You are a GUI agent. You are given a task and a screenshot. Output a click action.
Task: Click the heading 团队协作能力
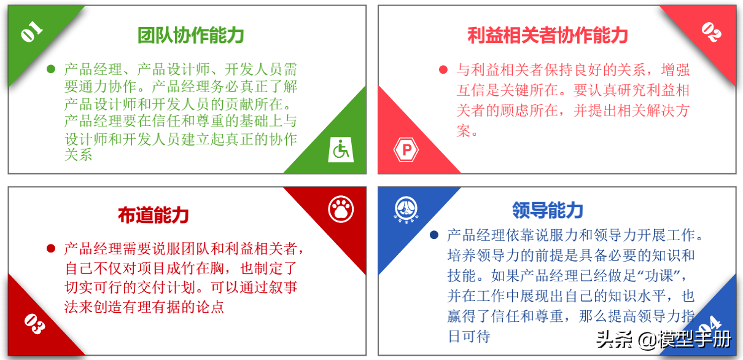click(x=191, y=36)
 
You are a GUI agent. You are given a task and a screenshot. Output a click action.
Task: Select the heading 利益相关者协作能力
click(x=548, y=36)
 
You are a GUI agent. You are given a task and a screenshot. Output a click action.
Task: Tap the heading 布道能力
click(x=154, y=215)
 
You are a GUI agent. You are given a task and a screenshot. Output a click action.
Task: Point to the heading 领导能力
click(x=548, y=210)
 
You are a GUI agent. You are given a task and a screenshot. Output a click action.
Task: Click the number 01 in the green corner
click(x=31, y=31)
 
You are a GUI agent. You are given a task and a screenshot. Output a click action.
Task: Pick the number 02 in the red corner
click(x=711, y=32)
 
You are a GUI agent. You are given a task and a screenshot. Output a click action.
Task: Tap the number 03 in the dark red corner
click(x=34, y=324)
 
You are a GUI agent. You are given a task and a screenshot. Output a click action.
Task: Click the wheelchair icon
click(x=341, y=150)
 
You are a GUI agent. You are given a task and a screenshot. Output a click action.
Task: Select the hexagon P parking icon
click(x=407, y=150)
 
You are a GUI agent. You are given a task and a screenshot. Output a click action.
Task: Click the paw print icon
click(x=341, y=209)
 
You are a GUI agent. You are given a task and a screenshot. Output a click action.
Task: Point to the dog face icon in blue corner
click(x=406, y=209)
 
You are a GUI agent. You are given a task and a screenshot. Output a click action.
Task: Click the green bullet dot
click(x=51, y=69)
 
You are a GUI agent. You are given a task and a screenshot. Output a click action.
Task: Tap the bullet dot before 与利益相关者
click(x=443, y=69)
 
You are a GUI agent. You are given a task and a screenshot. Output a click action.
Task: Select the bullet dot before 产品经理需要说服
click(x=51, y=248)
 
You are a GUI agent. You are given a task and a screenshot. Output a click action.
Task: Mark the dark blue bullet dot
click(x=434, y=235)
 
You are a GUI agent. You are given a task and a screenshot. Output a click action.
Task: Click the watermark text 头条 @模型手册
click(x=664, y=340)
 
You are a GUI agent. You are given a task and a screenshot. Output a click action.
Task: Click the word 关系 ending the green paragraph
click(x=78, y=155)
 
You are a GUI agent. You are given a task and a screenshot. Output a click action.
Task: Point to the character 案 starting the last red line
click(x=464, y=131)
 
